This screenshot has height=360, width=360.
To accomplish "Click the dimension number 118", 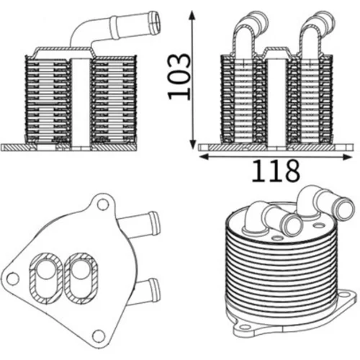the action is coord(276,171).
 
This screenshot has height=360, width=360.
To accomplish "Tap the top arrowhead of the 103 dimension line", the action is coord(192,16).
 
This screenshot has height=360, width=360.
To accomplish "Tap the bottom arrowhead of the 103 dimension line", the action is coord(192,144).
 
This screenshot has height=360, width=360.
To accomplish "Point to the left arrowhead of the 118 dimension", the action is coord(204,157).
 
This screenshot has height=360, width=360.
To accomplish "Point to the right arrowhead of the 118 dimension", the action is coord(347,157).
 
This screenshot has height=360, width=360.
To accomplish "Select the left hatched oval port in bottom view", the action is coord(46,276).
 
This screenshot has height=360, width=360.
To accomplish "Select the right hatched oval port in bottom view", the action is coord(81,276).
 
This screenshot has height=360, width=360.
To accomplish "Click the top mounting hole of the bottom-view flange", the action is coord(103,204).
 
